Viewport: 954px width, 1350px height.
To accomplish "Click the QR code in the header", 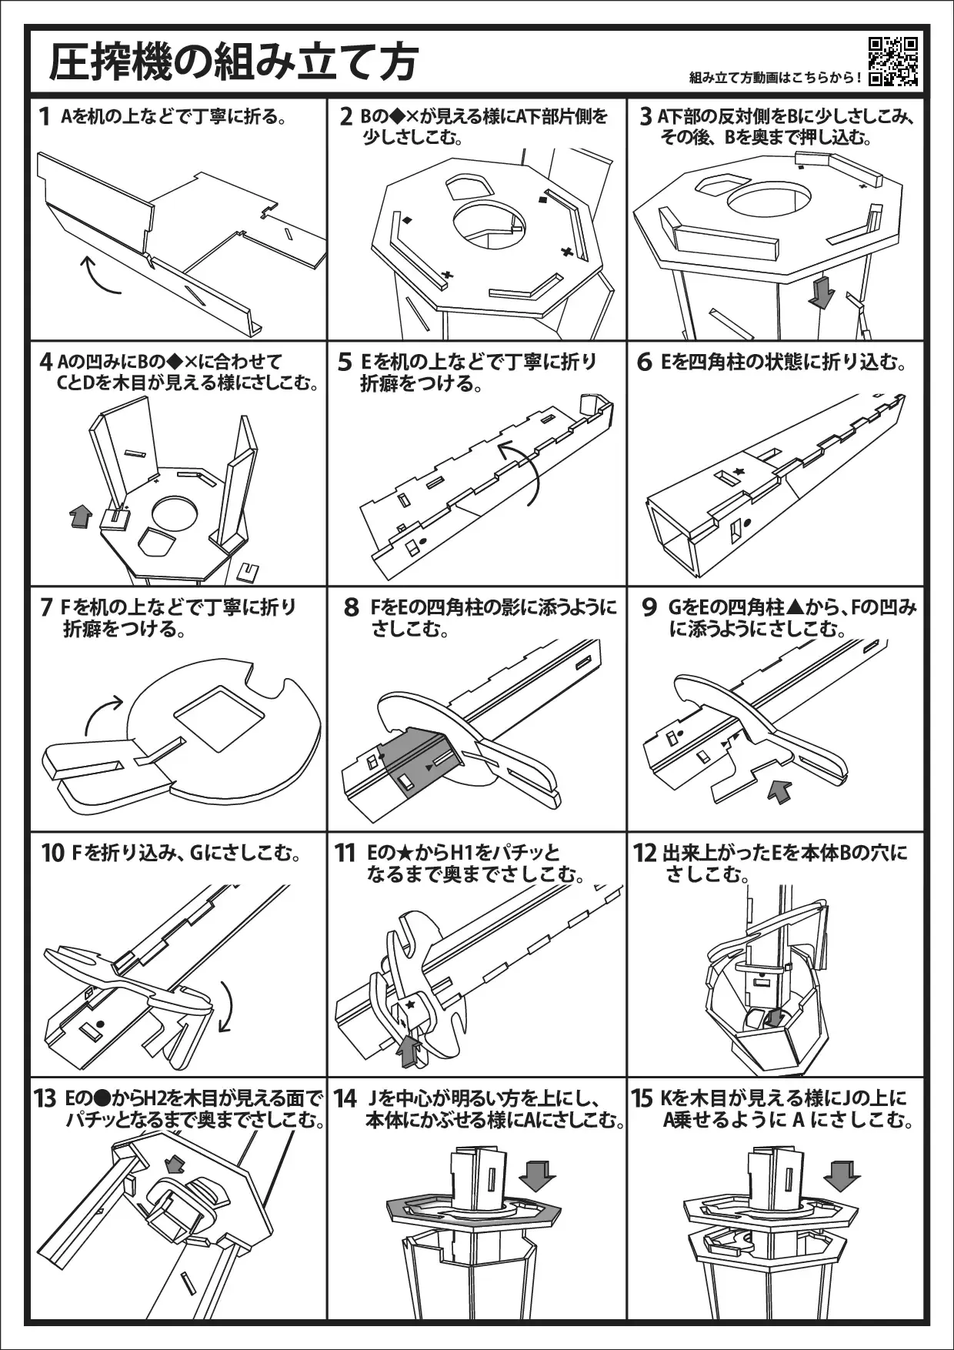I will coord(893,62).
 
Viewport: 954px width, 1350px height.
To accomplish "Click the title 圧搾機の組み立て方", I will coord(234,62).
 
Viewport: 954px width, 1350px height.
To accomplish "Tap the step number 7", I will coord(46,607).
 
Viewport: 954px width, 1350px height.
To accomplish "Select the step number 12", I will coord(645,853).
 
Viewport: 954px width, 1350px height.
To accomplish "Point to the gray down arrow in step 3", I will coord(822,292).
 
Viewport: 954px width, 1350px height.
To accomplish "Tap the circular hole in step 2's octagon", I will coord(489,223).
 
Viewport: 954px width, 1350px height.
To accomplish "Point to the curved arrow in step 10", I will coord(225,1005).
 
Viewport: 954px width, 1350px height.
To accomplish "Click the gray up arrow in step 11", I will coord(409,1051).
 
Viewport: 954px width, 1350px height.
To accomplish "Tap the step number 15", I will coord(642,1099).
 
